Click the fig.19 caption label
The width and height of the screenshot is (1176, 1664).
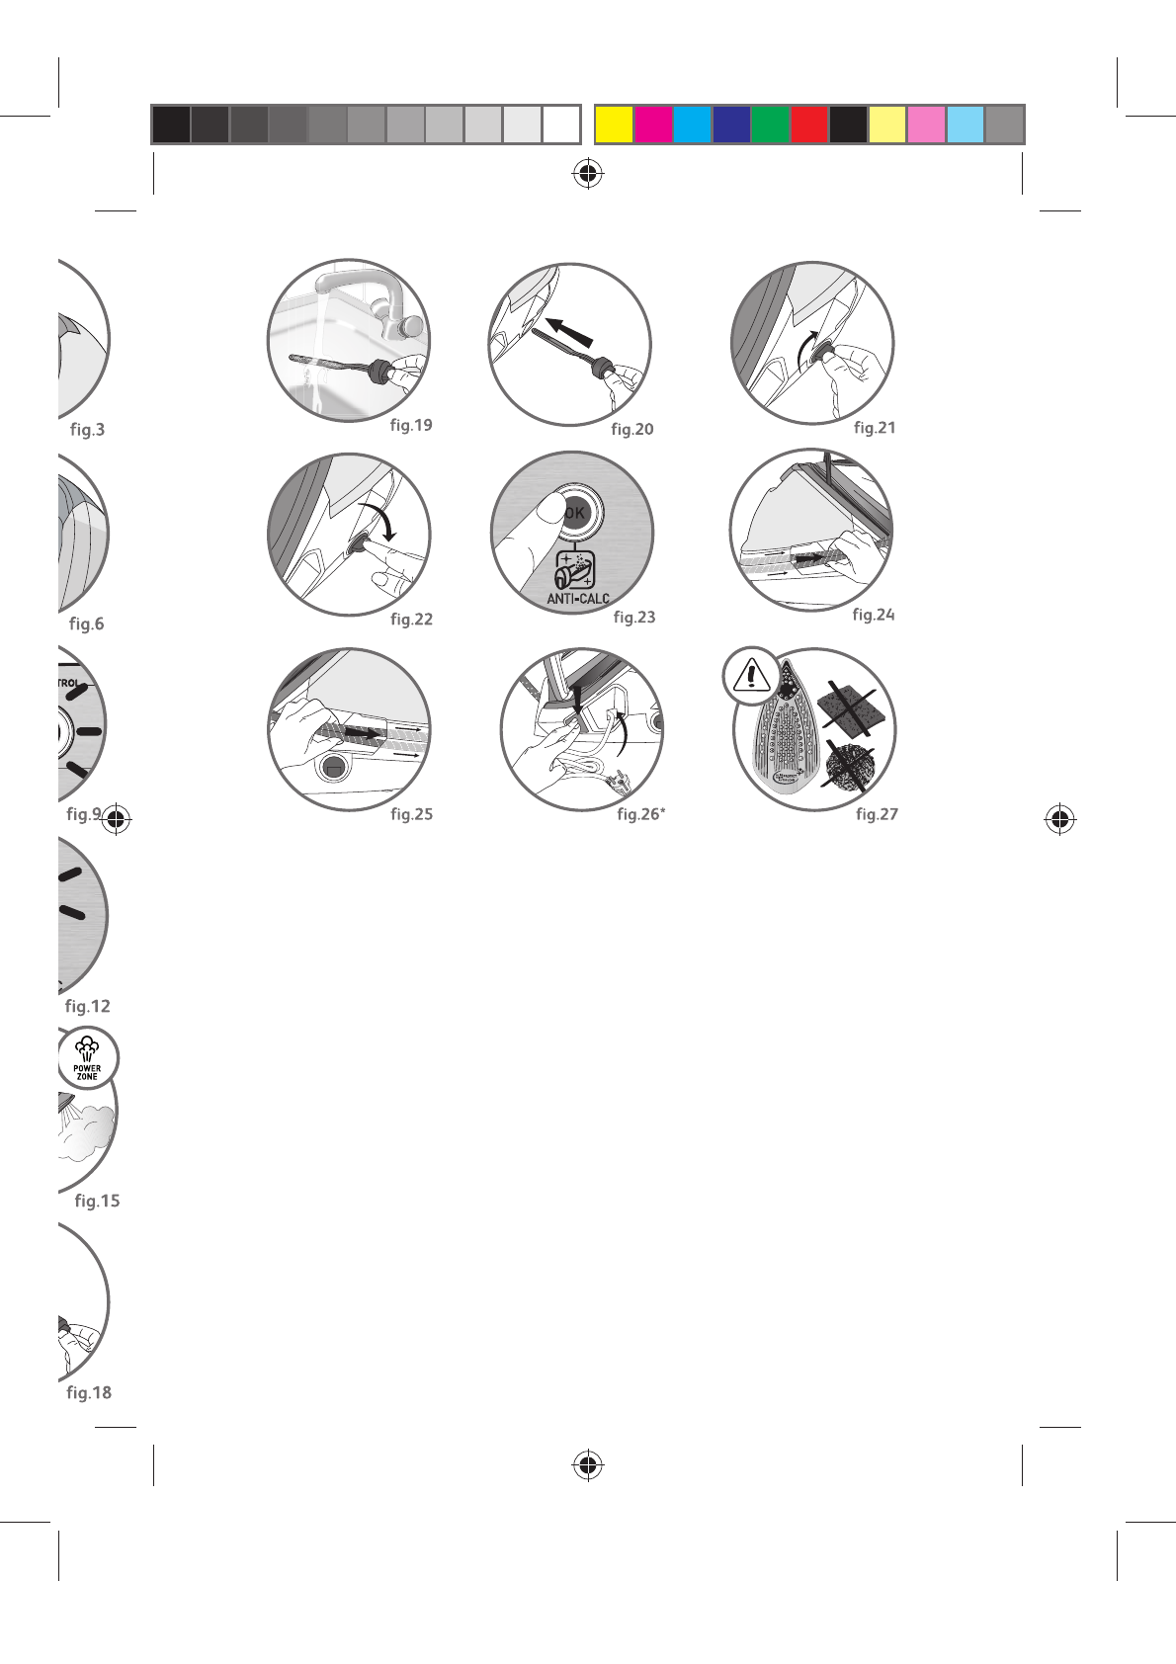pos(411,425)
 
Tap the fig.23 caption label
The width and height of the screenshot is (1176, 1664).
pos(634,617)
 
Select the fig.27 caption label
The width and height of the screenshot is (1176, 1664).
pos(877,814)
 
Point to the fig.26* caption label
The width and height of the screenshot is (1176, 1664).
pos(641,814)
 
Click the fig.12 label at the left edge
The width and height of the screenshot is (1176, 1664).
pos(88,1006)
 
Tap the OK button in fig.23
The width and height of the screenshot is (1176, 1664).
pos(575,512)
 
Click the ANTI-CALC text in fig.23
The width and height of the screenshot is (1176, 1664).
pos(578,599)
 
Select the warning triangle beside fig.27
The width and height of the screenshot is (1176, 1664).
pos(752,676)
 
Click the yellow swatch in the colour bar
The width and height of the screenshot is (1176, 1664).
pos(614,125)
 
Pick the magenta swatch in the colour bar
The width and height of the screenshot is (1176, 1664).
pos(653,125)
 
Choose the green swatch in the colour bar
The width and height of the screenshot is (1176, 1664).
pos(770,125)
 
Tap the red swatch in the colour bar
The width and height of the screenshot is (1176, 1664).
pos(809,125)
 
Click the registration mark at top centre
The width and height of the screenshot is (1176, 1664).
pos(588,174)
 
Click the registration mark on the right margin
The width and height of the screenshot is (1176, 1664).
pos(1059,819)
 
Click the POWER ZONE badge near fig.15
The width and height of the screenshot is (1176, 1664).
pos(87,1058)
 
